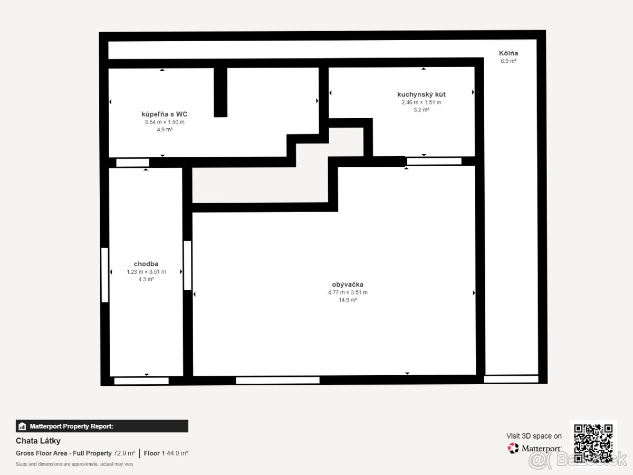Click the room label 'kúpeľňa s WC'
pos(165,114)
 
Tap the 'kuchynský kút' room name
pos(421,94)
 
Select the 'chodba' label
pos(146,264)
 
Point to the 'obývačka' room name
pos(348,284)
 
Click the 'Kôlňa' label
pos(509,53)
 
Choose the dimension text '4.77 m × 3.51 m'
pos(348,292)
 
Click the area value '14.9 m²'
pos(348,300)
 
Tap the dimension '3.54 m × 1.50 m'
pos(165,122)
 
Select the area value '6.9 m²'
pos(509,61)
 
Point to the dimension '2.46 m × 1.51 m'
pos(421,102)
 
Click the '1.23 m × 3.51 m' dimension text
pos(146,272)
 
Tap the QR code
pos(593,443)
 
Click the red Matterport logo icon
pos(513,448)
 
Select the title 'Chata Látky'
pos(38,441)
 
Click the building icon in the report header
pos(22,426)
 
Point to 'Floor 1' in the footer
pos(154,453)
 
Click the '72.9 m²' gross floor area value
pos(124,453)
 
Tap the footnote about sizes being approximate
pos(74,464)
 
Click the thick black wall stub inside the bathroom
pos(220,92)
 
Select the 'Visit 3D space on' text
pos(534,436)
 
